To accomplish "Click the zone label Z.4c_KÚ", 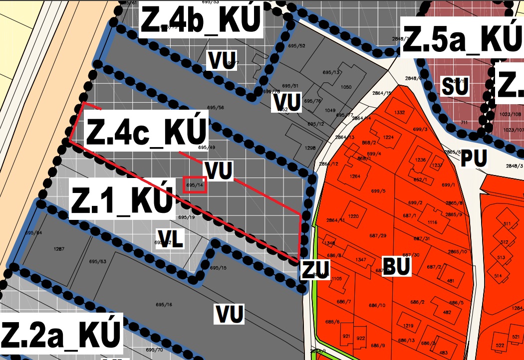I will [146, 130].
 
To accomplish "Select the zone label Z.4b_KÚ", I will [201, 20].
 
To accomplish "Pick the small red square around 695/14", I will [195, 184].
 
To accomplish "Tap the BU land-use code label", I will [396, 267].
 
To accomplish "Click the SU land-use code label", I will [455, 87].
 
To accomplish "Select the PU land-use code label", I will [474, 159].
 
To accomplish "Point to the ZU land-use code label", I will [314, 270].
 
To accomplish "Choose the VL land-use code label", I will [170, 239].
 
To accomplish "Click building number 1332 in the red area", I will [399, 113].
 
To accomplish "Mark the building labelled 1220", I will [354, 216].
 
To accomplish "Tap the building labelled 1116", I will [432, 222].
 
